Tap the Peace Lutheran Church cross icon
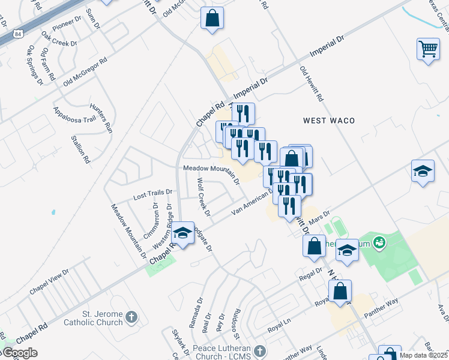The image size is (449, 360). [x=260, y=351]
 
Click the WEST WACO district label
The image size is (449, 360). [x=328, y=121]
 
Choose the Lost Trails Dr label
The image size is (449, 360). [x=152, y=194]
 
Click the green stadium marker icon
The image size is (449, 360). [x=379, y=243]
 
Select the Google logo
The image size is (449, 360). [x=20, y=353]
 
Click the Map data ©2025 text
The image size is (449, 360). [x=423, y=355]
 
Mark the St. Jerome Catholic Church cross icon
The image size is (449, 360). [x=133, y=317]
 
